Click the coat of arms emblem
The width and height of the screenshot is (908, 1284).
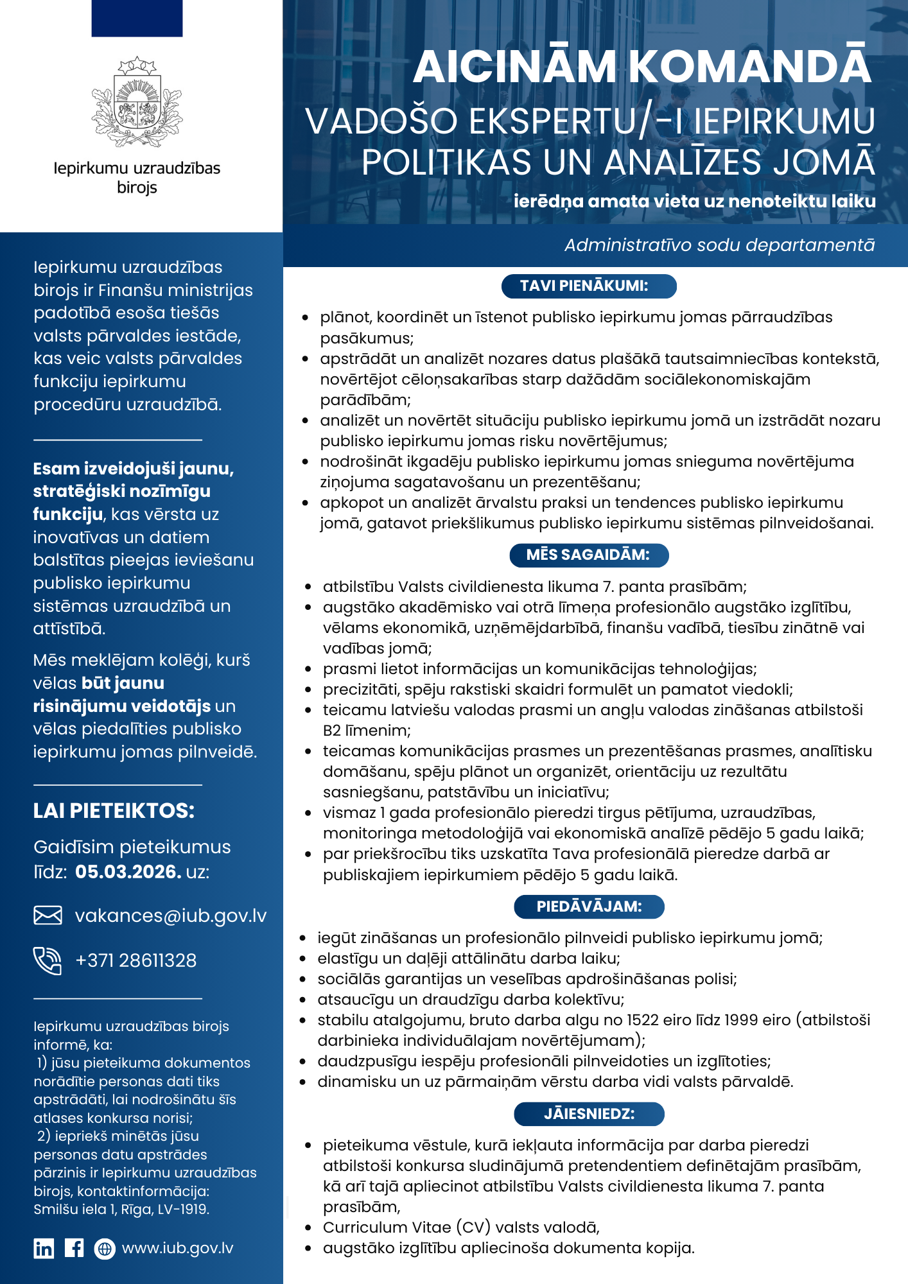[137, 101]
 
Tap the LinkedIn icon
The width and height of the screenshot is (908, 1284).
[44, 1248]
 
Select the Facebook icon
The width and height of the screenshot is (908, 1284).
[74, 1248]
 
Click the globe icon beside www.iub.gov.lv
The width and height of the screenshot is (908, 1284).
[104, 1248]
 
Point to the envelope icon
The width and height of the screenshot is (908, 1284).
[48, 915]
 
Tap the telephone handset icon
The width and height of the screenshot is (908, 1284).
[48, 960]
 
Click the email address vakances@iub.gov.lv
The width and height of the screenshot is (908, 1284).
[170, 915]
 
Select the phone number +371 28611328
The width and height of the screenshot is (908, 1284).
[136, 960]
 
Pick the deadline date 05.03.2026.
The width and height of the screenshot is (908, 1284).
[128, 872]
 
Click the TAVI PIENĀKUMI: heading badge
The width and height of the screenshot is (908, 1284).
[589, 286]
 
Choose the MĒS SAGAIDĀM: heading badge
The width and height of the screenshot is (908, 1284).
[589, 555]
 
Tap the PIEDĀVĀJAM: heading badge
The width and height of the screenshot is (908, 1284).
[589, 907]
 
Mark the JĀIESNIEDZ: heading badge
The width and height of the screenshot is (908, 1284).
[589, 1114]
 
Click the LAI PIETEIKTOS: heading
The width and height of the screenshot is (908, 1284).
[114, 811]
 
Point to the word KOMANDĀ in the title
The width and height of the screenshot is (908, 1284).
[749, 66]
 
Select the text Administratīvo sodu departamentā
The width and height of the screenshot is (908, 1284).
[719, 245]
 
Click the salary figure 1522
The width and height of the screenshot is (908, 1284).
[643, 1020]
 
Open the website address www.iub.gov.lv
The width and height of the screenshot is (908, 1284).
[178, 1248]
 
